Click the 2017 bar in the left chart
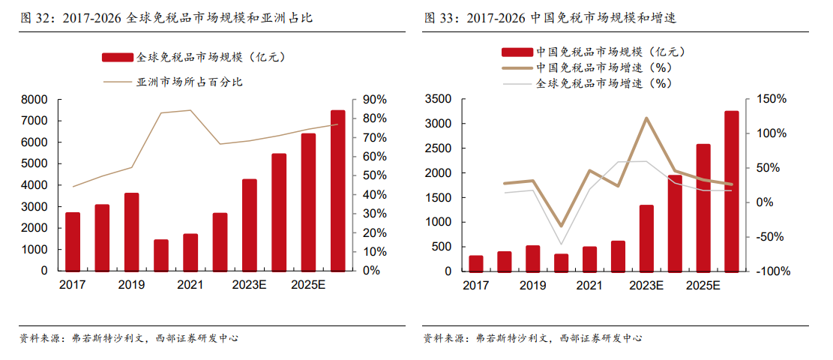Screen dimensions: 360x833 pyautogui.click(x=73, y=241)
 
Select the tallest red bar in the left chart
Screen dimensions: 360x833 pyautogui.click(x=338, y=190)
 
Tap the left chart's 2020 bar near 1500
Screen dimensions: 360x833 pyautogui.click(x=161, y=255)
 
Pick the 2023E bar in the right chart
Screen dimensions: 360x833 pyautogui.click(x=646, y=238)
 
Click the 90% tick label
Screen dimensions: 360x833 pyautogui.click(x=375, y=100)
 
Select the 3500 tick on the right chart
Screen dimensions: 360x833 pyautogui.click(x=438, y=99)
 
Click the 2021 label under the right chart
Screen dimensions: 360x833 pyautogui.click(x=589, y=286)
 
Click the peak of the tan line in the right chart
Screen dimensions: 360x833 pyautogui.click(x=646, y=118)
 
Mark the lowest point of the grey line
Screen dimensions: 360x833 pyautogui.click(x=561, y=244)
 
